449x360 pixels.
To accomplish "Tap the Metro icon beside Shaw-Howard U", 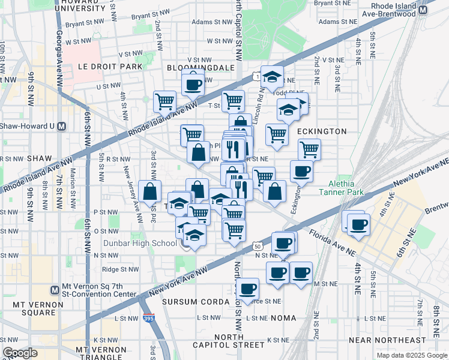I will coord(70,126).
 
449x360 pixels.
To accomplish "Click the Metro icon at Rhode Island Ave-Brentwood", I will coord(423,10).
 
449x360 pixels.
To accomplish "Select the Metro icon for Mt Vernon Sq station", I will coord(55,289).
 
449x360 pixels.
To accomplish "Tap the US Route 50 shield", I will coord(257,246).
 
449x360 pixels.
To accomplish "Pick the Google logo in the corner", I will coord(20,353).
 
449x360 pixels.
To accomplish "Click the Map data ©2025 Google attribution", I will coord(411,355).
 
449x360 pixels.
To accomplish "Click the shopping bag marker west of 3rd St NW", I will coord(149,191).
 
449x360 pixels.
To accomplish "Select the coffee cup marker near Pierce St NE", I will coord(247,289).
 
